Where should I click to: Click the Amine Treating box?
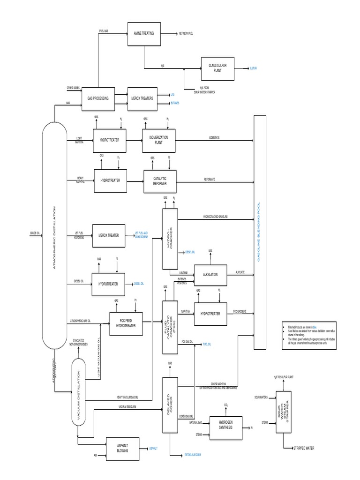pos(144,34)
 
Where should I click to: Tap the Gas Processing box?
pos(98,98)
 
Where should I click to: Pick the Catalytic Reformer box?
pos(159,181)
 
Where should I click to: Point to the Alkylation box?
pos(210,275)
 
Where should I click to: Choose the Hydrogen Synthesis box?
pos(225,427)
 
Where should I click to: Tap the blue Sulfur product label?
pos(254,68)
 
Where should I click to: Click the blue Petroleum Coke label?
pos(193,454)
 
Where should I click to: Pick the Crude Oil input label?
pos(36,232)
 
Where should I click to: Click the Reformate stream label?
pos(210,179)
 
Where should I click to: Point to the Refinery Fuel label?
pos(186,34)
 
